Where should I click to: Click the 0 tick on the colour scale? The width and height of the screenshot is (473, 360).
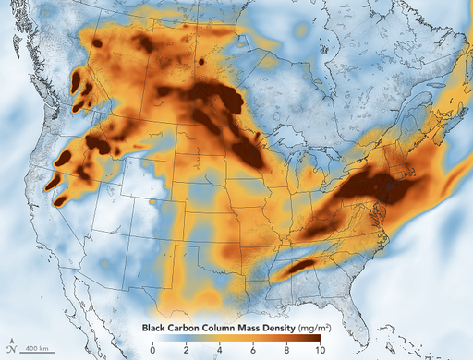152,351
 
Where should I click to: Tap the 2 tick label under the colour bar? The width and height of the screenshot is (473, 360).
186,351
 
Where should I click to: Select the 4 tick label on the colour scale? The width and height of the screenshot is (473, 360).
219,351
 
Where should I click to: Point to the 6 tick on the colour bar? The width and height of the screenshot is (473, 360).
252,351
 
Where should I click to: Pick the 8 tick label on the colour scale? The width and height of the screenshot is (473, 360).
285,351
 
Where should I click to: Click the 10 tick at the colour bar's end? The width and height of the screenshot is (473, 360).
318,351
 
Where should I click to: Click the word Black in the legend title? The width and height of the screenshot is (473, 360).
156,328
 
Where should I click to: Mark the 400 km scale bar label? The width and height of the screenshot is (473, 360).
37,347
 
